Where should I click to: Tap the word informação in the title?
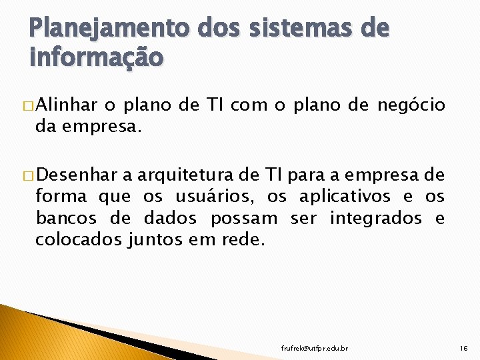coord(96,58)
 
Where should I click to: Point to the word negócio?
coord(411,105)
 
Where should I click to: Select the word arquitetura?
coord(181,176)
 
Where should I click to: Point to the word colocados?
coord(78,239)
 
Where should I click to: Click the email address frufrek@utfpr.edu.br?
coord(315,349)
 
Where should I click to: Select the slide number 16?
coord(465,348)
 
